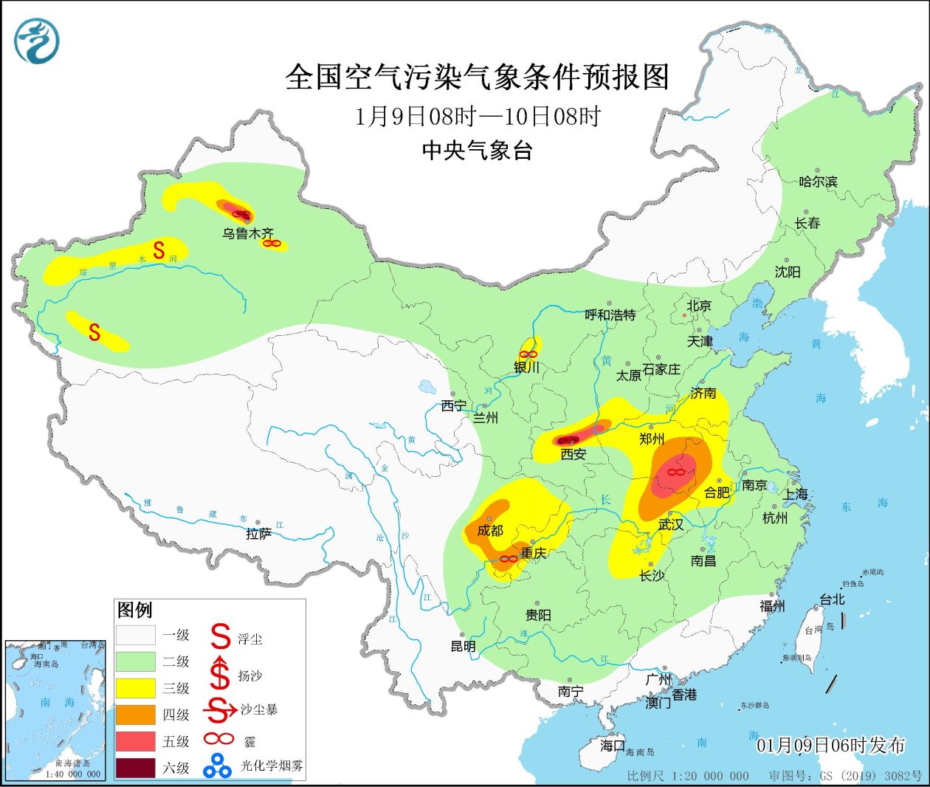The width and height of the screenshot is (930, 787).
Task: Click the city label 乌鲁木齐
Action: click(248, 234)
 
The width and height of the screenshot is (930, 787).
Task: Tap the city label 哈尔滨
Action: click(818, 182)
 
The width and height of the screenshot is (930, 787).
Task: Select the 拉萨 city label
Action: click(258, 534)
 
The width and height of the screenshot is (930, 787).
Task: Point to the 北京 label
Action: click(698, 306)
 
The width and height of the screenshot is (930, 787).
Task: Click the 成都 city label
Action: click(489, 530)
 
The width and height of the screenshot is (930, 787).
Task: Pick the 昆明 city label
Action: click(463, 646)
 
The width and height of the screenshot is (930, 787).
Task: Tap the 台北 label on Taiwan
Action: click(832, 599)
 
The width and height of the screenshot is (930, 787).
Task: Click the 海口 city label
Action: click(612, 746)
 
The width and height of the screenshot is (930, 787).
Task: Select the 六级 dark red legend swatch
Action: click(136, 768)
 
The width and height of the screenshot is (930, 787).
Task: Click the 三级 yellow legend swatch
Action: click(136, 688)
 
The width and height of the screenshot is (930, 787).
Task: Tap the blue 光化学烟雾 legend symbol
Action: click(218, 766)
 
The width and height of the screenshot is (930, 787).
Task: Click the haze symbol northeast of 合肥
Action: click(675, 471)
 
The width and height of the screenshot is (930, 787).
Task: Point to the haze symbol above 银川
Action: click(528, 354)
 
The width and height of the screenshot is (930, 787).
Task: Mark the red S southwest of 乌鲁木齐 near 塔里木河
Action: click(159, 250)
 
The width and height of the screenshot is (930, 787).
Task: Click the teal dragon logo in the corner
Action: click(35, 41)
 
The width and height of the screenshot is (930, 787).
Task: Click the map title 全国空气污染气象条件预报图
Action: click(477, 77)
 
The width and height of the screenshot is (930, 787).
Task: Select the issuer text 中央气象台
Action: click(477, 151)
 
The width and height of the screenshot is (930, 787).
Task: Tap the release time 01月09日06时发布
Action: click(830, 745)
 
